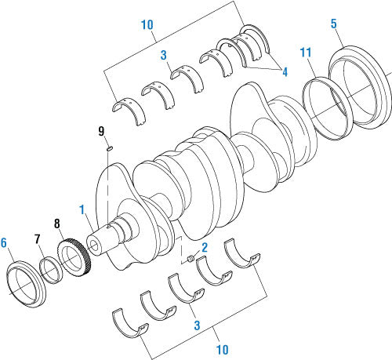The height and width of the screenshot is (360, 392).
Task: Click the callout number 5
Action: (x=334, y=23)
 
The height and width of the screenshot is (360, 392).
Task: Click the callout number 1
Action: (x=81, y=209)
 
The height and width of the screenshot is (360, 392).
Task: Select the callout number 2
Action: (x=204, y=247)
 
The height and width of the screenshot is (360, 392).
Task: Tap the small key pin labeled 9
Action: (x=111, y=145)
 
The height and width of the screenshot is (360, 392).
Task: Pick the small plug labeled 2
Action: (x=191, y=257)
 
